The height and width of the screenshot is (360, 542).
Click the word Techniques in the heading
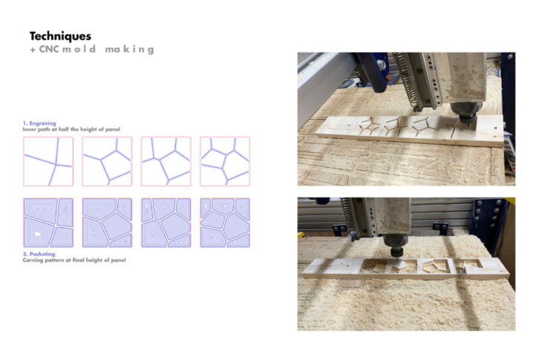coord(60,36)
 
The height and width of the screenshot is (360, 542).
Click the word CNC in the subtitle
coord(49,49)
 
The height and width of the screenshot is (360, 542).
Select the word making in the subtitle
coord(129,50)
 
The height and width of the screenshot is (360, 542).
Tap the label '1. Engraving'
coord(39,123)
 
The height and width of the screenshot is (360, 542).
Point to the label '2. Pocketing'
coord(39,254)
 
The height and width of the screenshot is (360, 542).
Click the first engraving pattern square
coord(48,161)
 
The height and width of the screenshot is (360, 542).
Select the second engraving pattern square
coord(107,161)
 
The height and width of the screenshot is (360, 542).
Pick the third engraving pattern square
coord(166,161)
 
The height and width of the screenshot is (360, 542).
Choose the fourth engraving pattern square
coord(225,161)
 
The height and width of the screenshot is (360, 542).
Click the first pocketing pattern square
coord(48,223)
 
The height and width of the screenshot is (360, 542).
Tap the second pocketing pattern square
coord(107,223)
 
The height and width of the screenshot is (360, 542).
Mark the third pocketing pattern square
coord(166,223)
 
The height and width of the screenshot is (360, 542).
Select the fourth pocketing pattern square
coord(225,223)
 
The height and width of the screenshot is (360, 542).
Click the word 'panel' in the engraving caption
coord(113,129)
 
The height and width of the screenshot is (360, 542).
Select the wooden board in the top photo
coord(410,131)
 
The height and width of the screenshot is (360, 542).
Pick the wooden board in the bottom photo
coord(405,269)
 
